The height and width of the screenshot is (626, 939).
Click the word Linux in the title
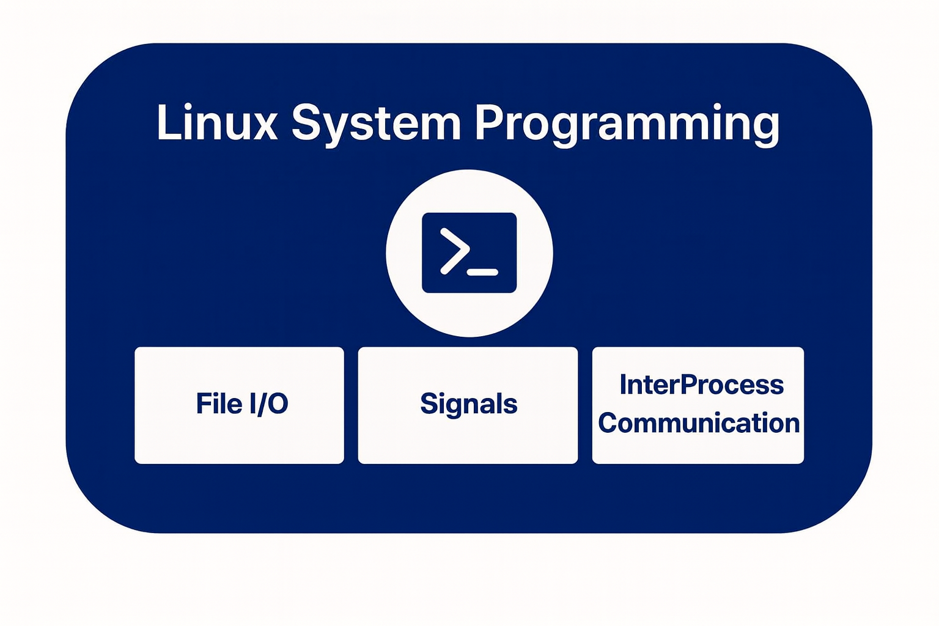[x=217, y=123]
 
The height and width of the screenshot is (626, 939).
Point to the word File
[x=219, y=403]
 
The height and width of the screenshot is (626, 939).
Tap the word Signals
[x=469, y=404]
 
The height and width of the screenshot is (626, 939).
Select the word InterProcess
[x=701, y=385]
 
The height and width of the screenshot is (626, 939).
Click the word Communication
[x=699, y=423]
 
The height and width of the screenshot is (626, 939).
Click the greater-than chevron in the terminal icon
[x=455, y=251]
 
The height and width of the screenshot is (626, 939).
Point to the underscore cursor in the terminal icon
[x=482, y=272]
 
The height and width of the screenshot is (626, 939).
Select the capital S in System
[x=306, y=123]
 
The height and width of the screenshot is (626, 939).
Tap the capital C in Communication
[x=608, y=423]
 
